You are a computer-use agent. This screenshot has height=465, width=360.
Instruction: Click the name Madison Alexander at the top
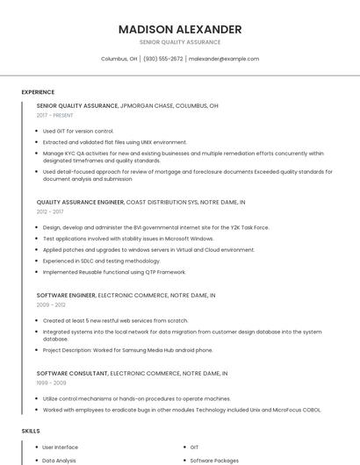click(x=180, y=29)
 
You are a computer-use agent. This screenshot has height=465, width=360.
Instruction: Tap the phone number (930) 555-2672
click(x=162, y=59)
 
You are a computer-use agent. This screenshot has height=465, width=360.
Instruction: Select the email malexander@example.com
click(x=224, y=59)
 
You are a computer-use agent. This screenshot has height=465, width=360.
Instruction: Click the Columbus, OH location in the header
click(x=119, y=59)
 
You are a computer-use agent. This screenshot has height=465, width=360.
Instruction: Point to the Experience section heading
click(x=38, y=92)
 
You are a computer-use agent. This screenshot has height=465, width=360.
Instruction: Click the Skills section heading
click(x=31, y=432)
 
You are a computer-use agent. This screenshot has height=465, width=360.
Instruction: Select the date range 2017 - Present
click(x=55, y=115)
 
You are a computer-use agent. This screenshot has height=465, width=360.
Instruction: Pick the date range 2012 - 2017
click(x=50, y=211)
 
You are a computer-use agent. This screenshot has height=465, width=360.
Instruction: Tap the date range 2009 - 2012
click(x=50, y=305)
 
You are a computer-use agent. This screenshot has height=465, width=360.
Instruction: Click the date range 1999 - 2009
click(x=50, y=383)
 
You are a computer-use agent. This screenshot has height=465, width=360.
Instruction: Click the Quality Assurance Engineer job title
click(x=81, y=202)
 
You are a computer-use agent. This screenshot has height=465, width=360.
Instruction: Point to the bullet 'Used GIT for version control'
click(x=78, y=131)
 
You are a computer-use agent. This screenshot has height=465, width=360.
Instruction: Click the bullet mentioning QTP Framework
click(x=102, y=272)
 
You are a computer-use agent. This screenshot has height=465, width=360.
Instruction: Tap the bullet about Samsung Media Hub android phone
click(x=127, y=350)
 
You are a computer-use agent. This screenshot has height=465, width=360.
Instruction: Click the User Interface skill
click(x=61, y=447)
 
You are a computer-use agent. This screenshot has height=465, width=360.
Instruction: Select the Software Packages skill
click(x=214, y=460)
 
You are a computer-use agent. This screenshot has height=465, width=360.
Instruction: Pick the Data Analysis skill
click(x=60, y=460)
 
